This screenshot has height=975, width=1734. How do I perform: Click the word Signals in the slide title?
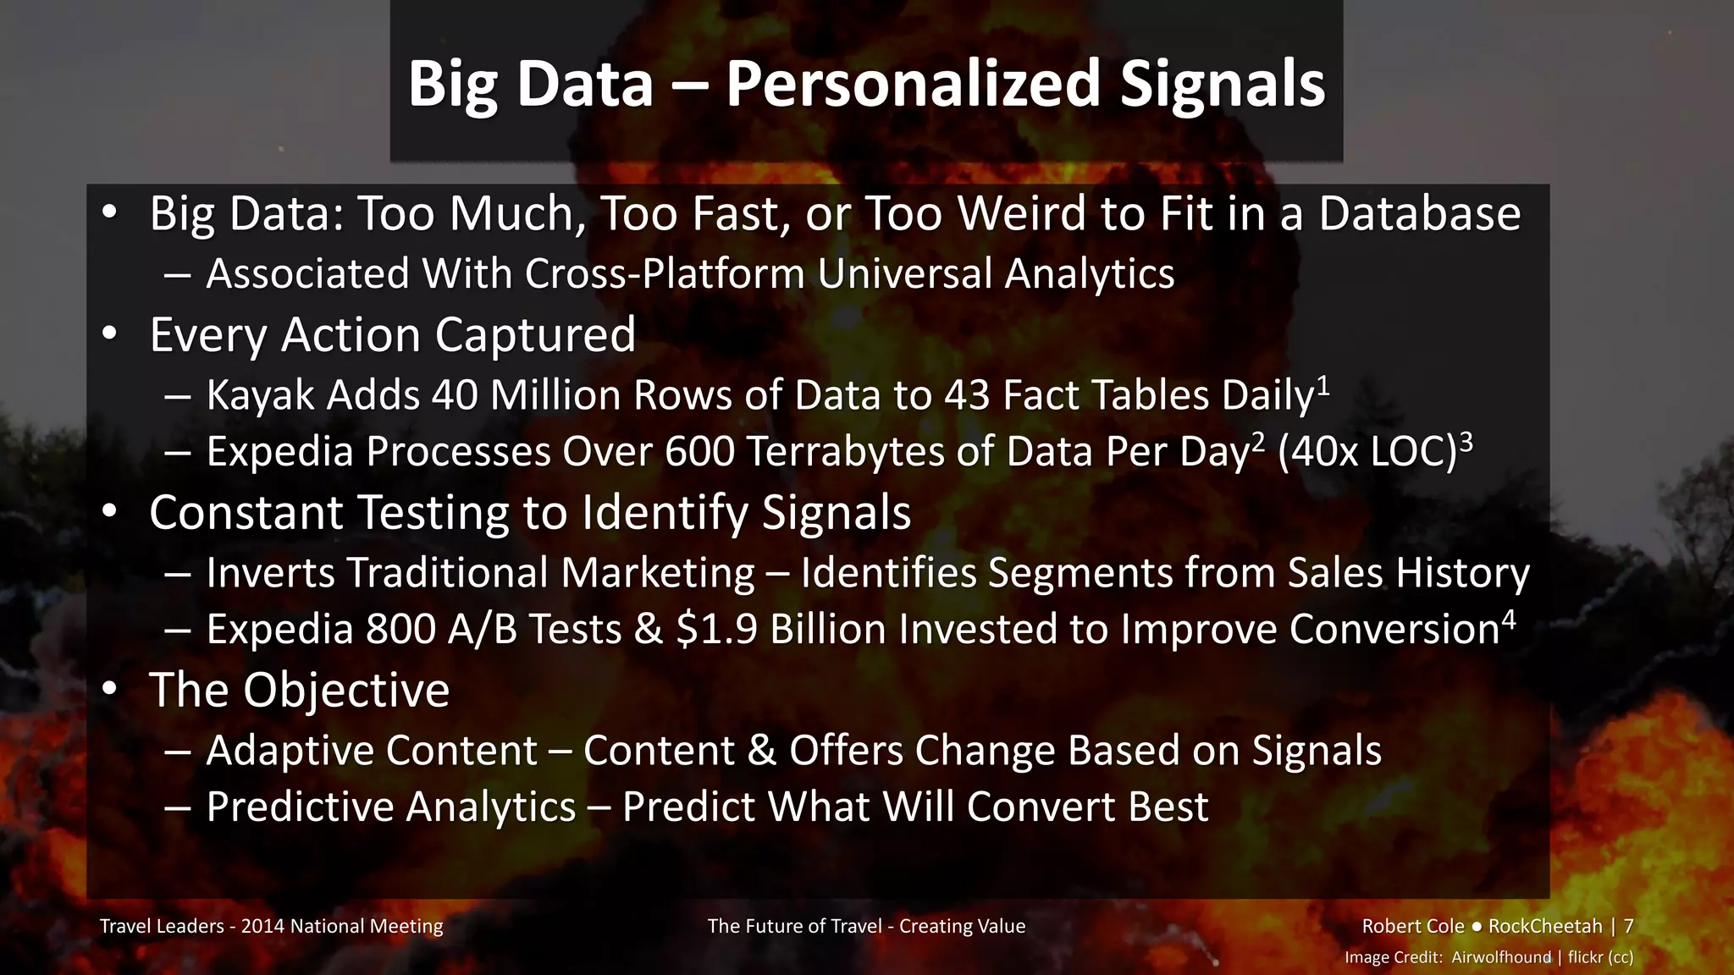click(1222, 85)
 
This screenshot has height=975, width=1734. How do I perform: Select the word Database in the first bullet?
click(1419, 213)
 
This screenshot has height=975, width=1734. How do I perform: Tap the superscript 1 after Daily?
click(1323, 386)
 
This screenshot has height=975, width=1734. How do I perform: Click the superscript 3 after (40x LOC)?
click(1466, 442)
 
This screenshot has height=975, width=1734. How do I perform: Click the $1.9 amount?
click(716, 629)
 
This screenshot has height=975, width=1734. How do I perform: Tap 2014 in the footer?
click(262, 926)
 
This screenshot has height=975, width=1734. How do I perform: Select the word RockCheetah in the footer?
click(1545, 926)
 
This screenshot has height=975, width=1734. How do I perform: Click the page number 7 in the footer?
click(1628, 926)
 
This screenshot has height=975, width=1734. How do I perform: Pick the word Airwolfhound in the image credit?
click(1501, 957)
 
